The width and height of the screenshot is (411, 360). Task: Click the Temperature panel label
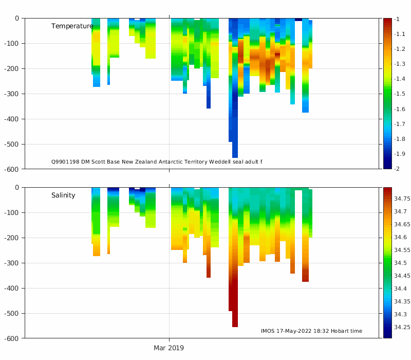pyautogui.click(x=72, y=26)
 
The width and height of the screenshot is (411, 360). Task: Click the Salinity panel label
pyautogui.click(x=63, y=195)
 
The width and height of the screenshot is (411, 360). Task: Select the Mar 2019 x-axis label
pyautogui.click(x=169, y=348)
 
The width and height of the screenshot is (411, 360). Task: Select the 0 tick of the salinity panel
pyautogui.click(x=16, y=188)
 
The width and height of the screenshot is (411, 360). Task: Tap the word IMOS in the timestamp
pyautogui.click(x=268, y=331)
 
